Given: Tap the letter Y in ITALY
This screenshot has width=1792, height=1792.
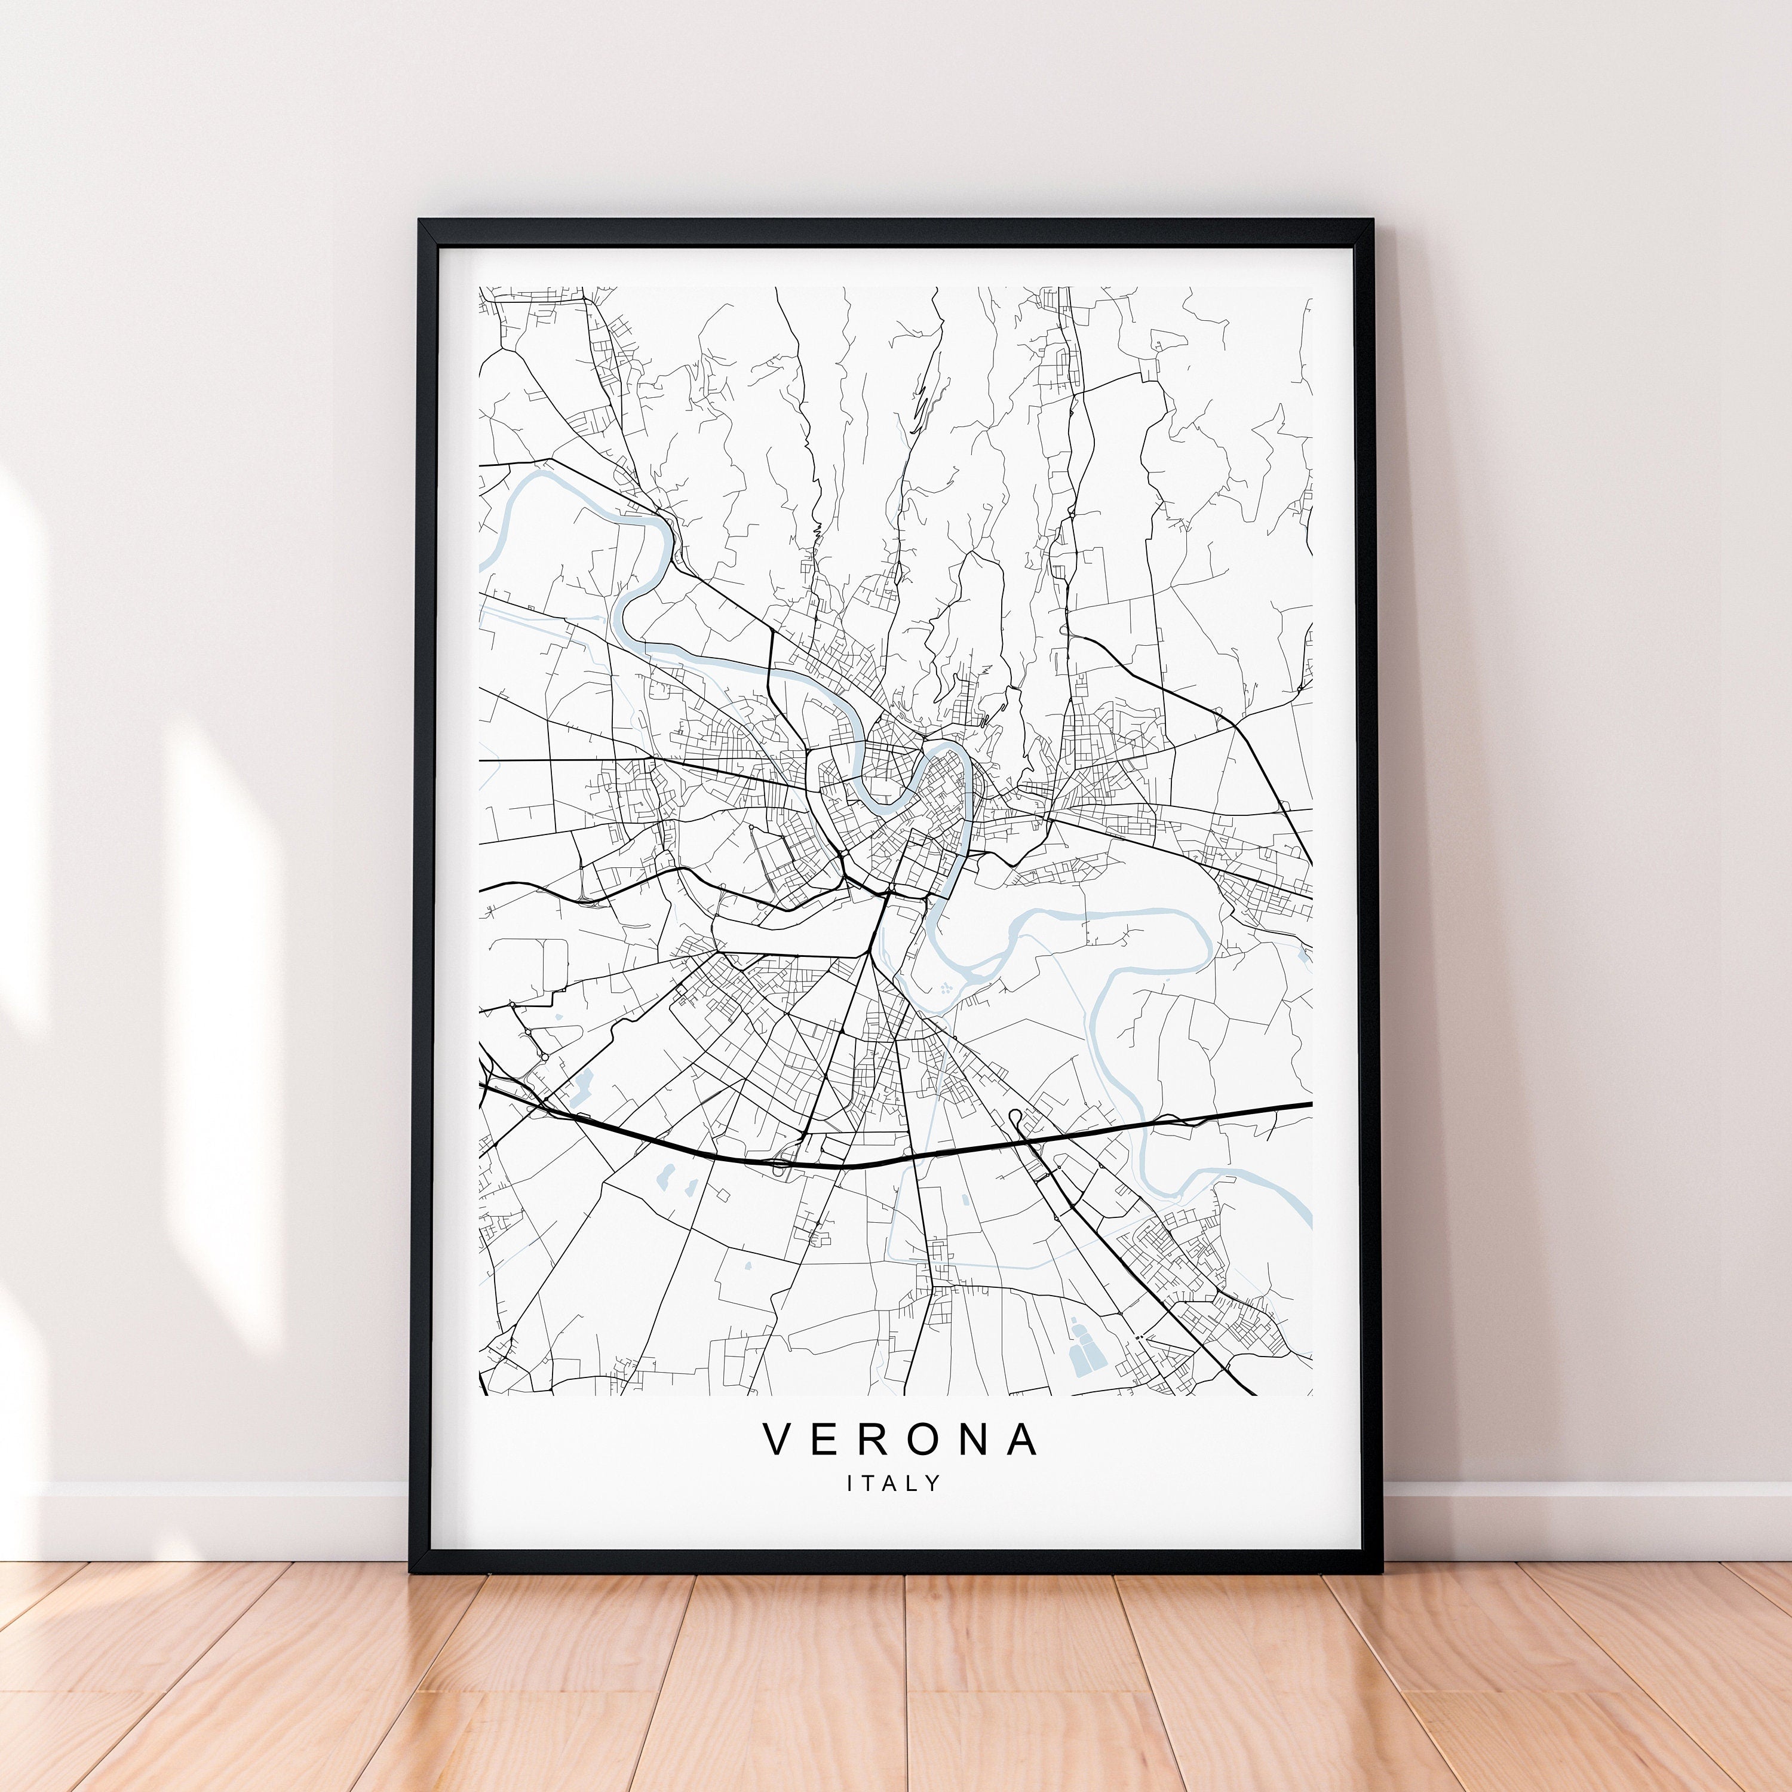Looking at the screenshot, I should pyautogui.click(x=934, y=1484).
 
